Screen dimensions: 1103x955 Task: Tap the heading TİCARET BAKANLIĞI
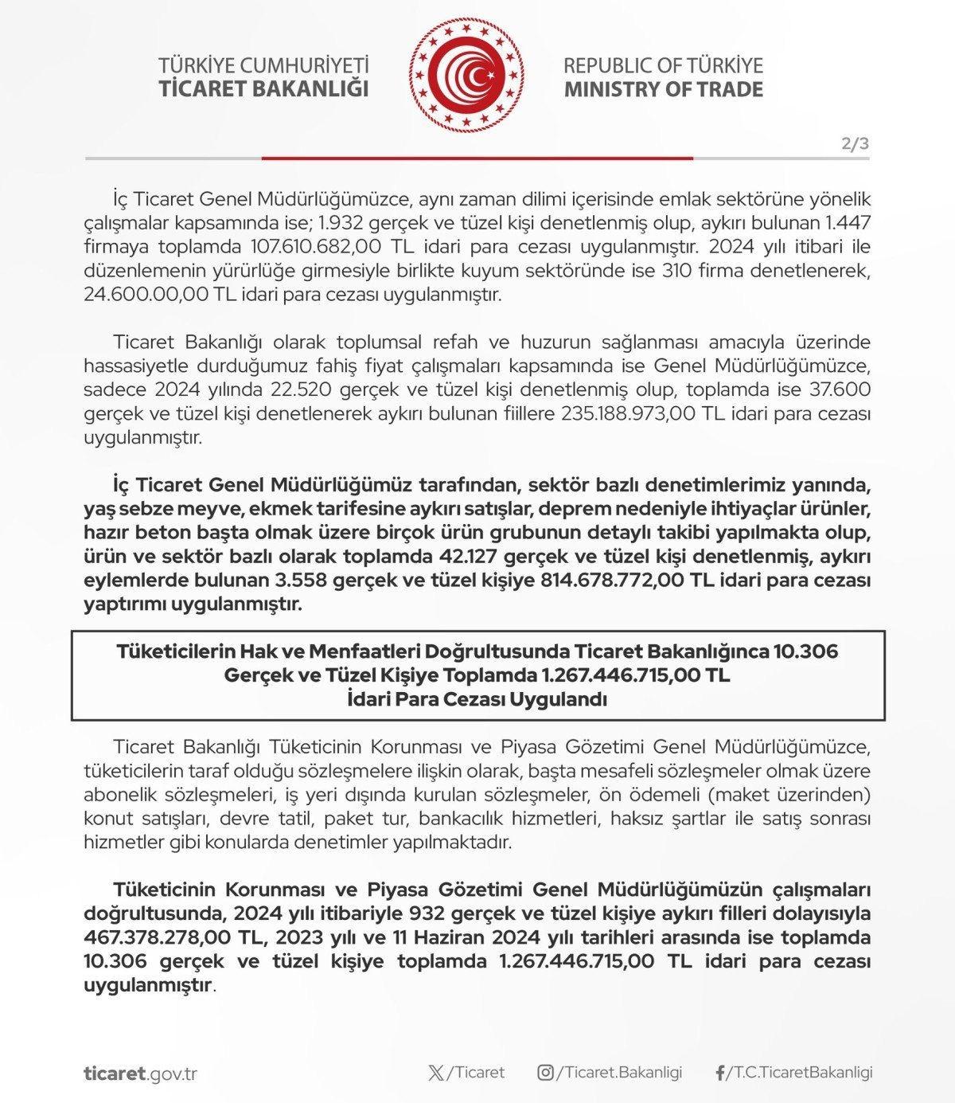coord(264,88)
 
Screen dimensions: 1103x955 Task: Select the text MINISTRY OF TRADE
coord(664,88)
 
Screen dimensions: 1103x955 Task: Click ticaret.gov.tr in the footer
coord(140,1074)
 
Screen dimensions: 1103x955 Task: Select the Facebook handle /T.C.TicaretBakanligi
coord(799,1073)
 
